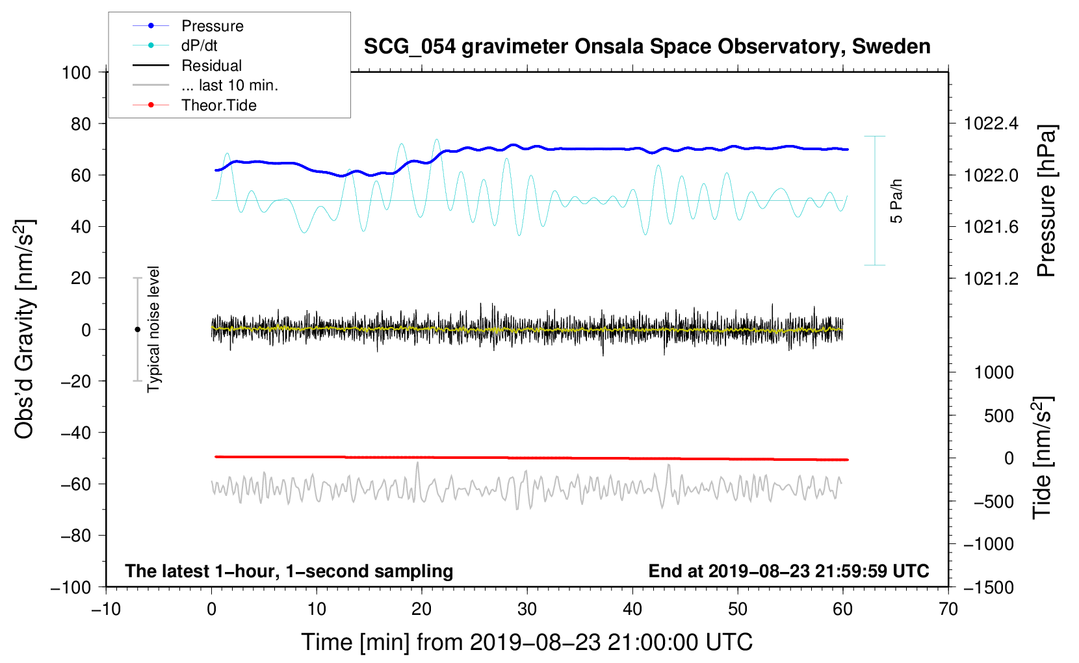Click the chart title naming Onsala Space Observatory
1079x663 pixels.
point(647,47)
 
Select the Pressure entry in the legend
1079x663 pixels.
point(212,26)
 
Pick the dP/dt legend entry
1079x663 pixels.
point(199,45)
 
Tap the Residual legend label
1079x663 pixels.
point(211,66)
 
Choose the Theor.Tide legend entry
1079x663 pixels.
point(218,105)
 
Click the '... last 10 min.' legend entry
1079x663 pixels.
point(229,85)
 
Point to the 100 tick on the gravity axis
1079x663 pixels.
point(77,72)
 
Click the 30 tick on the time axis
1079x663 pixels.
point(527,609)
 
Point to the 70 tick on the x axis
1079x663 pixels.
point(948,609)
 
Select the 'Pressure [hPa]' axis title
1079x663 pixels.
point(1046,201)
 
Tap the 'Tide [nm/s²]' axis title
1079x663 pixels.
point(1043,457)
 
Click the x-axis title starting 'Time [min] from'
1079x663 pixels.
point(526,642)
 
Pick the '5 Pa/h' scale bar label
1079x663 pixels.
point(897,201)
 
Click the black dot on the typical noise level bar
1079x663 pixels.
point(137,330)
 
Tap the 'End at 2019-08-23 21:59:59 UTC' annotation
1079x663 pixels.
point(788,571)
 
